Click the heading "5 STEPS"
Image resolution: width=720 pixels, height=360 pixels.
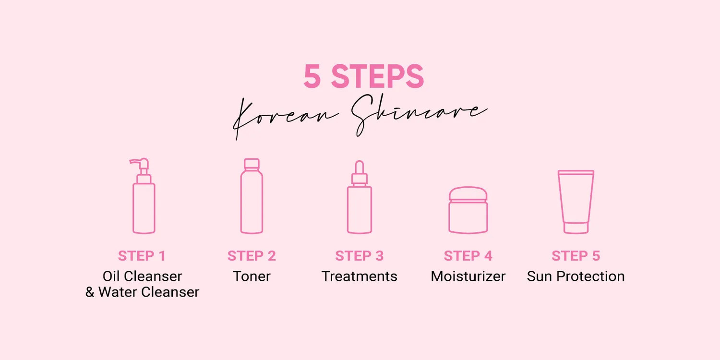tap(364, 76)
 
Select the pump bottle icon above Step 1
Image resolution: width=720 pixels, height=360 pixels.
tap(144, 196)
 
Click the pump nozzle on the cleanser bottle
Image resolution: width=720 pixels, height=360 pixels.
tap(139, 162)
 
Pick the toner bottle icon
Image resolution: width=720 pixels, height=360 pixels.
tap(252, 196)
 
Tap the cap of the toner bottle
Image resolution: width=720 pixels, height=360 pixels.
tap(252, 164)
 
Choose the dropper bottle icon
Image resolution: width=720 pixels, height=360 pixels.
tap(360, 197)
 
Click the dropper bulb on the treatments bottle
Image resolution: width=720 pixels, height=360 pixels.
tap(360, 167)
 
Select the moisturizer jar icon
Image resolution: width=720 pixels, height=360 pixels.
tap(468, 210)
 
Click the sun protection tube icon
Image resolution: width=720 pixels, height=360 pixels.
tap(576, 202)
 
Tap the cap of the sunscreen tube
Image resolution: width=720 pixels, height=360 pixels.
tap(576, 228)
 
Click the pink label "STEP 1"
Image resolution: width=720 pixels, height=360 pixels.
tap(142, 256)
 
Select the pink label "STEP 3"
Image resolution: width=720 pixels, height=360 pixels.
tap(360, 256)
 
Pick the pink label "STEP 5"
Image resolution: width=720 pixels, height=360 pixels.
tap(576, 256)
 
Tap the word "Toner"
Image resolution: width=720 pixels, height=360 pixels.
tap(252, 276)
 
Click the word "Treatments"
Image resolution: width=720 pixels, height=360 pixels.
tap(360, 276)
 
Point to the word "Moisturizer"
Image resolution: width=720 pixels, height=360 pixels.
tap(468, 276)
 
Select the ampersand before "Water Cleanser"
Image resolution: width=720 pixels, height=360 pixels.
tap(90, 292)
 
